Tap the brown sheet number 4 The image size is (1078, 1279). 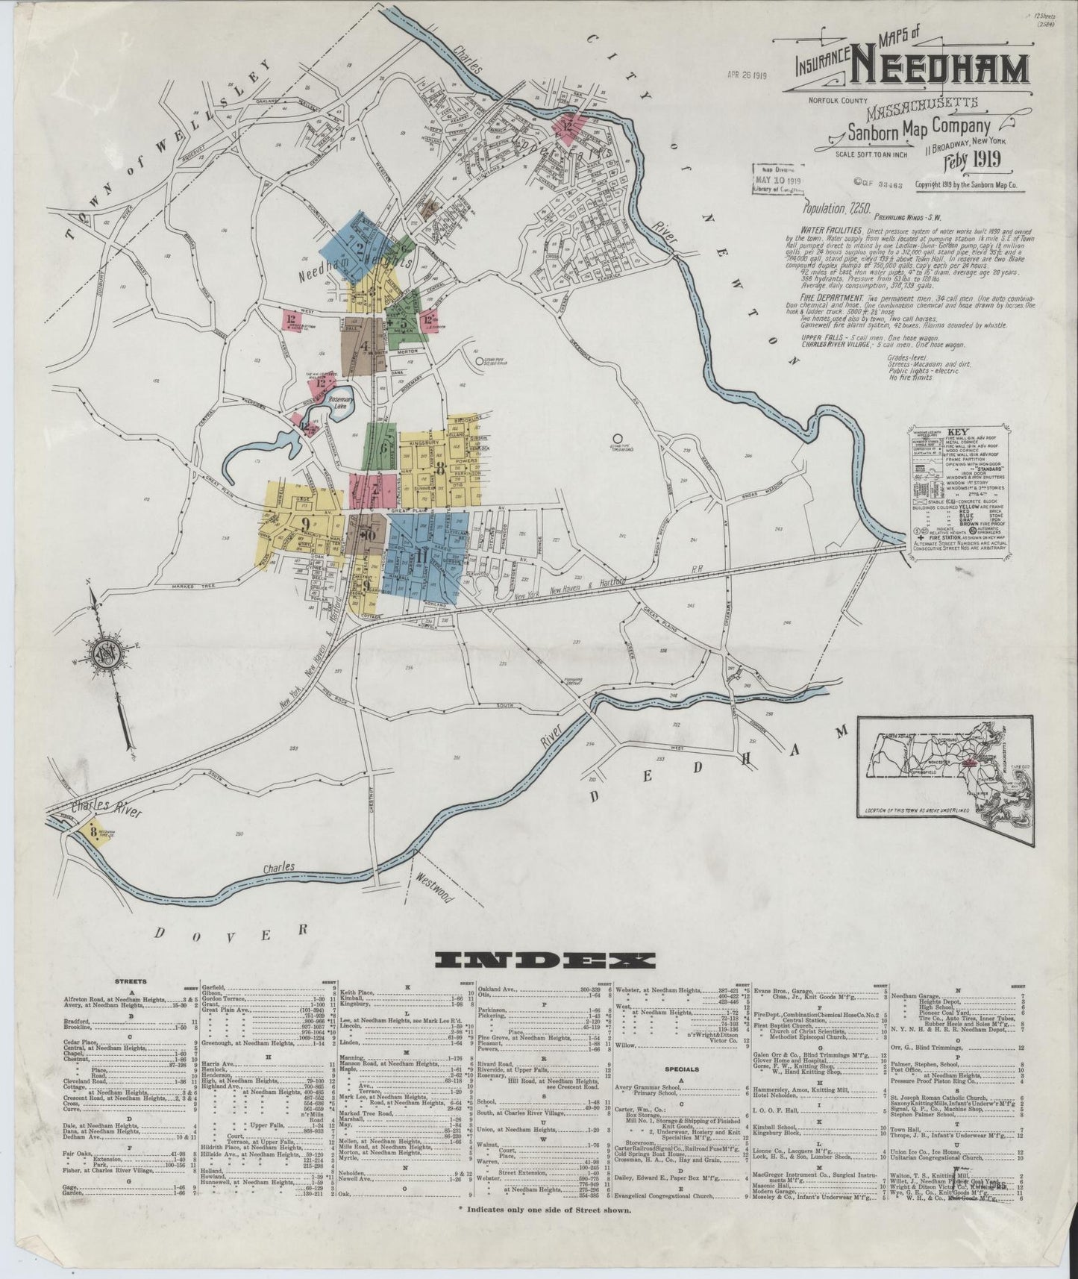364,346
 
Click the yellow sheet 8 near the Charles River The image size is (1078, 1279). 92,831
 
